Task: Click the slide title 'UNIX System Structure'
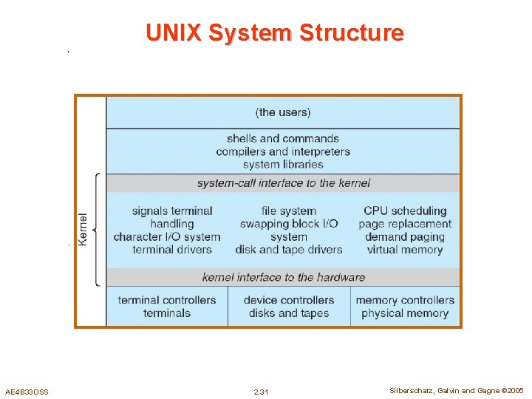(x=275, y=33)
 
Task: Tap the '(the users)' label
(x=283, y=112)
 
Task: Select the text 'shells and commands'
(x=283, y=138)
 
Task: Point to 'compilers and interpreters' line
(x=283, y=151)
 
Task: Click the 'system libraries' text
(x=283, y=164)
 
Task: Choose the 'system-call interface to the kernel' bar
(x=283, y=183)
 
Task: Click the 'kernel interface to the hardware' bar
(x=283, y=277)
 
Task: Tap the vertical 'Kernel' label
(x=83, y=230)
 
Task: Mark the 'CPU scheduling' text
(x=405, y=211)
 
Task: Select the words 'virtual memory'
(x=405, y=250)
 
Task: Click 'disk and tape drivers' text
(x=289, y=250)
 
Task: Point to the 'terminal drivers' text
(x=172, y=250)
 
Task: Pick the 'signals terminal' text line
(x=172, y=211)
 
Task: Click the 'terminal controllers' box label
(x=167, y=300)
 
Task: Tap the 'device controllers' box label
(x=289, y=300)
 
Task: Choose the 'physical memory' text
(x=405, y=313)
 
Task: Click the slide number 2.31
(x=261, y=392)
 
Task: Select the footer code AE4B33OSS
(x=27, y=392)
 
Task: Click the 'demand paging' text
(x=405, y=237)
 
